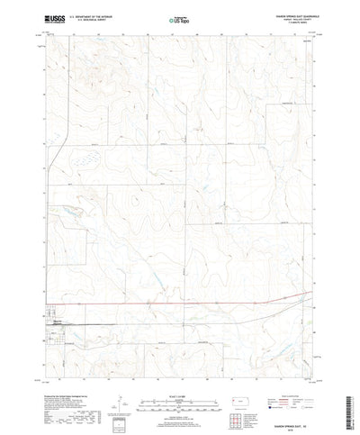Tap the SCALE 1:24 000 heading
click(180, 371)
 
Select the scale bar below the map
click(180, 379)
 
